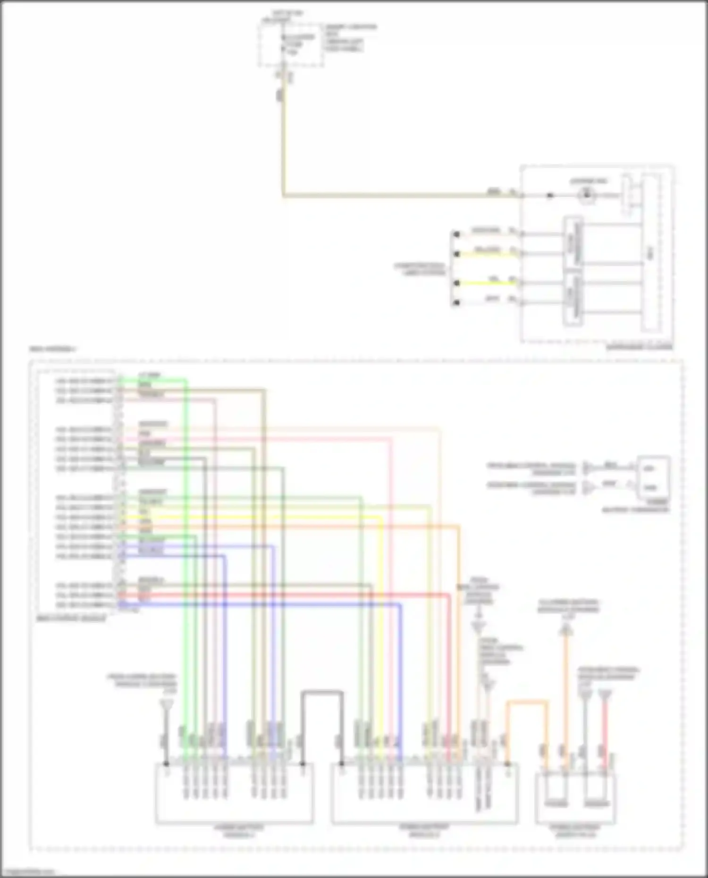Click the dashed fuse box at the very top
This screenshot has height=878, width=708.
click(x=290, y=45)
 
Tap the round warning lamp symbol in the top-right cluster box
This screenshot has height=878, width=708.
click(x=587, y=194)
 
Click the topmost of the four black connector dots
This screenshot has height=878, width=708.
click(x=456, y=234)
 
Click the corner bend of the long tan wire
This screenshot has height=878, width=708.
click(x=284, y=194)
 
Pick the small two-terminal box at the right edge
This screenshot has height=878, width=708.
click(x=653, y=477)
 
